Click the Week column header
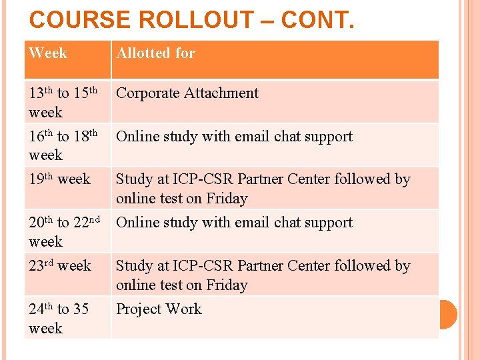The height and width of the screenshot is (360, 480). [48, 53]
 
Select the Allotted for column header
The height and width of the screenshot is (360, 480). [156, 53]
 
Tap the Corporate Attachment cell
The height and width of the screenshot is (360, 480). [187, 93]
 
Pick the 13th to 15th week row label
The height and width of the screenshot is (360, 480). [63, 102]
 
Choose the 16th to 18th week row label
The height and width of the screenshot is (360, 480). [63, 145]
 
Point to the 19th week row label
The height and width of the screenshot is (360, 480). [60, 179]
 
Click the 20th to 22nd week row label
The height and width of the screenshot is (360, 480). [65, 231]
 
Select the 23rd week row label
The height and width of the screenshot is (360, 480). [60, 266]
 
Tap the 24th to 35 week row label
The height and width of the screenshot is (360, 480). [59, 318]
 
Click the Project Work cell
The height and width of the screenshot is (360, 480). [159, 309]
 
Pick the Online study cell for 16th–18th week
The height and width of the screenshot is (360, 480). [234, 137]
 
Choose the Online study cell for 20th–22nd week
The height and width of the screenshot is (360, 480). [234, 223]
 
